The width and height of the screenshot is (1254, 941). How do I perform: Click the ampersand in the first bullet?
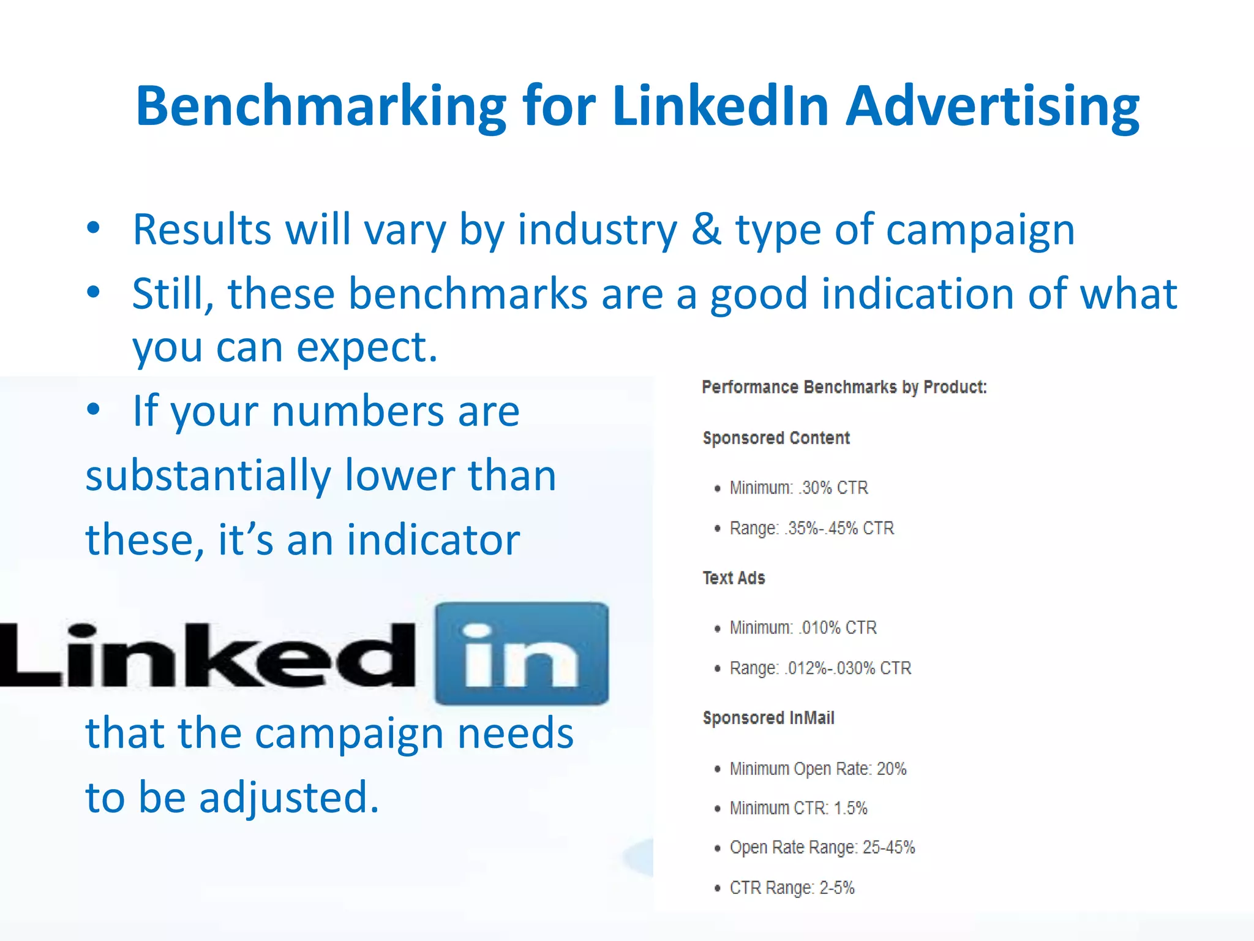coord(707,229)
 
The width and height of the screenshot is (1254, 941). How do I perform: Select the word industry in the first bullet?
coord(598,230)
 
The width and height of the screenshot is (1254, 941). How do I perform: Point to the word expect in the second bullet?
coord(367,347)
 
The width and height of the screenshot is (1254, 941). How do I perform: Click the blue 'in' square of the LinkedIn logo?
coord(522,654)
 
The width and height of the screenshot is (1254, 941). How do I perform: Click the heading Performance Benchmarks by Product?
coord(844,387)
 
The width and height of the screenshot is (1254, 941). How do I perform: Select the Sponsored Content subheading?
coord(776,438)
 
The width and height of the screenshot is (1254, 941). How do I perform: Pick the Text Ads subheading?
coord(734,578)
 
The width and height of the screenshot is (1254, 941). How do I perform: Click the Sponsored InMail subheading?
coord(768,718)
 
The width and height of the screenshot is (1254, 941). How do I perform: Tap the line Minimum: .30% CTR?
coord(798,488)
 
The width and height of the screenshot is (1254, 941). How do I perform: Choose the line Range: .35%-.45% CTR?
coord(811,528)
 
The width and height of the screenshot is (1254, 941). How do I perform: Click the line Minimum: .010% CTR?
coord(803,627)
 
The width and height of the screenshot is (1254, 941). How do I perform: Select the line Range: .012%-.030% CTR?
coord(820,668)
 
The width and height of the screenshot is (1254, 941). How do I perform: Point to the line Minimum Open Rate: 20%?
coord(817,768)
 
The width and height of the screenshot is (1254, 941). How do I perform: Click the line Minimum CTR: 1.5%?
coord(798,808)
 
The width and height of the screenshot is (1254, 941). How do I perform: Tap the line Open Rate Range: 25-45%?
coord(822,847)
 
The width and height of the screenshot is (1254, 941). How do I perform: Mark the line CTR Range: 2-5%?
coord(791,888)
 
